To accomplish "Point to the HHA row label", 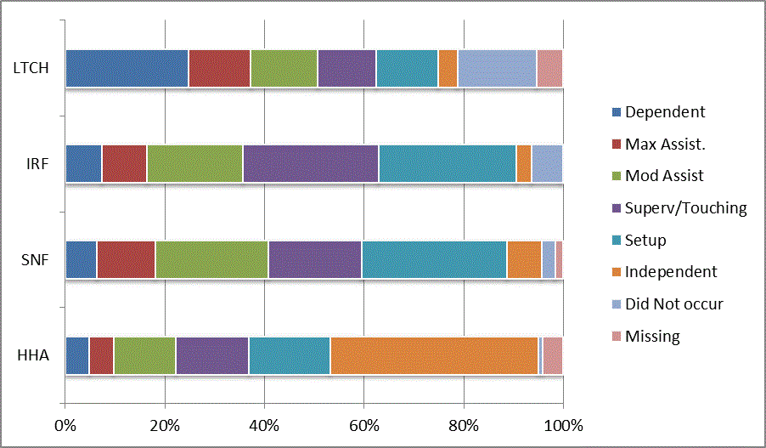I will (x=35, y=355).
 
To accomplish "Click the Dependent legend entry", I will (x=664, y=112).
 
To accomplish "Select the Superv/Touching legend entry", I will (x=685, y=208).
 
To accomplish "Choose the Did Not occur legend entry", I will (x=673, y=304).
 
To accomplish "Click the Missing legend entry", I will (x=652, y=337).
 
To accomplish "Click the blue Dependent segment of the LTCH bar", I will (x=127, y=68).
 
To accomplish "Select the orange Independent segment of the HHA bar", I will (x=434, y=355).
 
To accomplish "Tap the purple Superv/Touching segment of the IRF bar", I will (x=310, y=164).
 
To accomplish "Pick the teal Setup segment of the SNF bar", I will (x=434, y=259).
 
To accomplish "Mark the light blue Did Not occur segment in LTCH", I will (x=497, y=68).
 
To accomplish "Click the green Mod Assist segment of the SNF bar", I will (x=211, y=259).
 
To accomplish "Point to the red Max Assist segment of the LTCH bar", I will (x=219, y=68).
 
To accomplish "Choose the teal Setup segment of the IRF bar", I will (x=447, y=164).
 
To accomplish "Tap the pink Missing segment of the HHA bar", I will (x=553, y=355).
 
